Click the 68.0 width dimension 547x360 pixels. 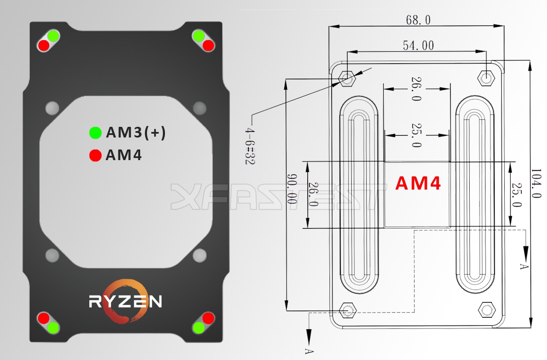[x=418, y=20]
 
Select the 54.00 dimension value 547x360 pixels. [x=418, y=45]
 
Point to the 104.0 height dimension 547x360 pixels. [x=537, y=183]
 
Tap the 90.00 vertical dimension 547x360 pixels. [x=292, y=188]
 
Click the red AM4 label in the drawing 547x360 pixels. [x=418, y=183]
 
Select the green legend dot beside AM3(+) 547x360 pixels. [x=95, y=133]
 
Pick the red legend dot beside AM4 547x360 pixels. [x=95, y=155]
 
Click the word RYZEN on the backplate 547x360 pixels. [x=125, y=301]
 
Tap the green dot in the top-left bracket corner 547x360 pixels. [x=53, y=36]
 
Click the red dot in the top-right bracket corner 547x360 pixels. [x=208, y=45]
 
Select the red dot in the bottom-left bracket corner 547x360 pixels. [x=44, y=318]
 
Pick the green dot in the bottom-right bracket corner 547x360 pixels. [x=198, y=328]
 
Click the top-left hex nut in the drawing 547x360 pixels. [x=347, y=79]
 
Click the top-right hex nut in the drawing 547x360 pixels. [x=486, y=78]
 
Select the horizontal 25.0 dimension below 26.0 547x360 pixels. [x=417, y=135]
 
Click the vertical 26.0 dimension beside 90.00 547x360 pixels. [x=313, y=194]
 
